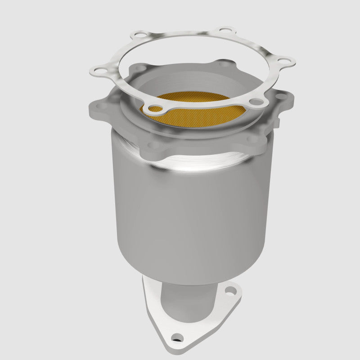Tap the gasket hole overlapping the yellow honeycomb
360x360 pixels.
tap(155, 108)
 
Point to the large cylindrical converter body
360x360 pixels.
tap(189, 216)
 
